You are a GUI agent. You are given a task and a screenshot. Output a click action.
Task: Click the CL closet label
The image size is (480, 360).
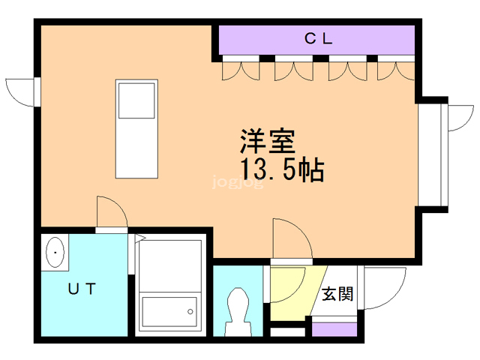(318, 39)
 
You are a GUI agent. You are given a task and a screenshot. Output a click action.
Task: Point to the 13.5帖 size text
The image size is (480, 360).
(282, 170)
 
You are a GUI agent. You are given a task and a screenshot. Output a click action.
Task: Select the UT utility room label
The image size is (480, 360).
(82, 288)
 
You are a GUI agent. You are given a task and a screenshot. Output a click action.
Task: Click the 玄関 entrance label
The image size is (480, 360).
(337, 293)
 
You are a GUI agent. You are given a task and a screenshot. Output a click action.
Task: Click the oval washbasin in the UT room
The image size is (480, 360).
(55, 254)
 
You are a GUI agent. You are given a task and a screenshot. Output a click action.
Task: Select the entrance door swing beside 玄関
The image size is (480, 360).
(383, 288)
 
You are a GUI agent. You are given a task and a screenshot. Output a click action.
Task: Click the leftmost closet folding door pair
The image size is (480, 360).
(241, 70)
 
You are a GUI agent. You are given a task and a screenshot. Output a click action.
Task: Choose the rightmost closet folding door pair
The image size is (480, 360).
(396, 70)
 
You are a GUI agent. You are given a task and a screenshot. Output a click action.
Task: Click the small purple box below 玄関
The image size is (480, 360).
(334, 328)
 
